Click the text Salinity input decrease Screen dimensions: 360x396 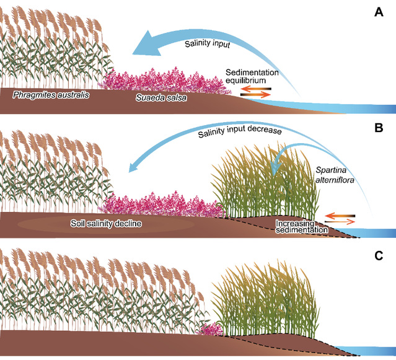[x=240, y=132]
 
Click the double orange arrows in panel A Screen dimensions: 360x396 [x=255, y=91]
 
